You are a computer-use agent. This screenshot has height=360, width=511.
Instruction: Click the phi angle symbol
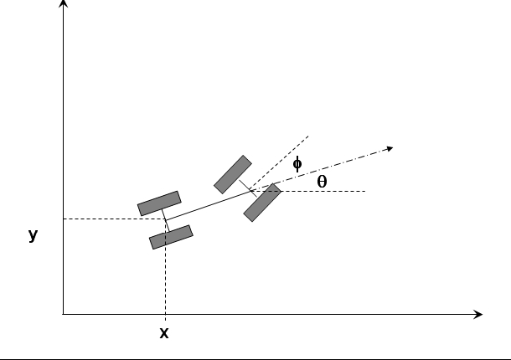[297, 164]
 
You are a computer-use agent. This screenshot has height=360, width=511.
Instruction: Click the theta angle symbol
[322, 182]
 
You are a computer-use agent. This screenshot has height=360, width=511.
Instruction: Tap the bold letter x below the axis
[164, 333]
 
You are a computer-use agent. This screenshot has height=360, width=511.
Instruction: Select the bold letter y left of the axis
[34, 235]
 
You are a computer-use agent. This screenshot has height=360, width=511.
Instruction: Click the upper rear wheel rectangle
[159, 203]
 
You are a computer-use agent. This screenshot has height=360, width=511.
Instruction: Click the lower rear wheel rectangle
[171, 237]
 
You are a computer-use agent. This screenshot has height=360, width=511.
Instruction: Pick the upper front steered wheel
[233, 175]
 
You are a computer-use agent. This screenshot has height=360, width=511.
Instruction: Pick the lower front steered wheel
[262, 203]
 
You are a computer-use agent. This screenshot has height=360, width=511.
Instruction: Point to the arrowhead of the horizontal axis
[478, 315]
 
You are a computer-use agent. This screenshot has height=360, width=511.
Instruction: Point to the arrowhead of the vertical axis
[64, 3]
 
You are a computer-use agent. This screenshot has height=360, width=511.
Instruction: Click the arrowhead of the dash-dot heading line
[390, 149]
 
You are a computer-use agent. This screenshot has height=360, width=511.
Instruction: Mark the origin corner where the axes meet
[63, 315]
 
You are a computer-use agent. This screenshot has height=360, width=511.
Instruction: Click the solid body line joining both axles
[208, 205]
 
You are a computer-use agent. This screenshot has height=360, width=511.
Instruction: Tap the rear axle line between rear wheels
[165, 220]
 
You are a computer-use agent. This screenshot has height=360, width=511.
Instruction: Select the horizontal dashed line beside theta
[307, 191]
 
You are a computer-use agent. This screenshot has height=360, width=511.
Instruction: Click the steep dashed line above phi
[279, 163]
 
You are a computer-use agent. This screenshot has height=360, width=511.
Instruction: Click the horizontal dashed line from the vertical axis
[115, 219]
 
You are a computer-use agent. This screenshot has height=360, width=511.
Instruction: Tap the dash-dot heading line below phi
[322, 170]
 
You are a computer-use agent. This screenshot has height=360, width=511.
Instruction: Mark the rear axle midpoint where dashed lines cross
[166, 219]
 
